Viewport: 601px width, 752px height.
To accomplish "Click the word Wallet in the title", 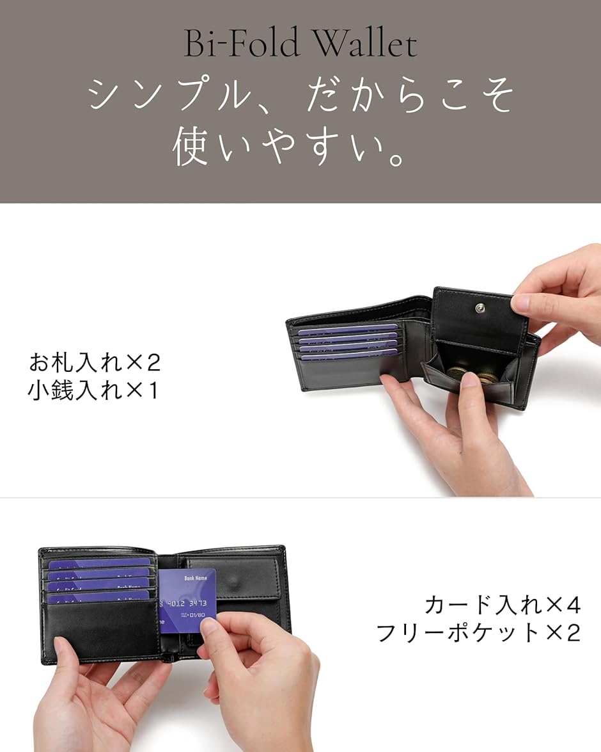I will coord(366,44).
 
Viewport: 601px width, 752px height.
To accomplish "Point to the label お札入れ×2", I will coord(95,363).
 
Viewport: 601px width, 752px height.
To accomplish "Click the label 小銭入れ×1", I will coord(93,390).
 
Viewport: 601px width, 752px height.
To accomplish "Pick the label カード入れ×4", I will coord(503,604).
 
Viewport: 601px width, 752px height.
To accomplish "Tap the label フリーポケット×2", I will coord(478,633).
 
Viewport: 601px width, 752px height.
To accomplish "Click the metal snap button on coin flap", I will coord(480,310).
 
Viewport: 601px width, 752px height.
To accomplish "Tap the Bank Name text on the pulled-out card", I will coord(196,579).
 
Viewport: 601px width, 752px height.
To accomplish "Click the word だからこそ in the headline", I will coord(409,96).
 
